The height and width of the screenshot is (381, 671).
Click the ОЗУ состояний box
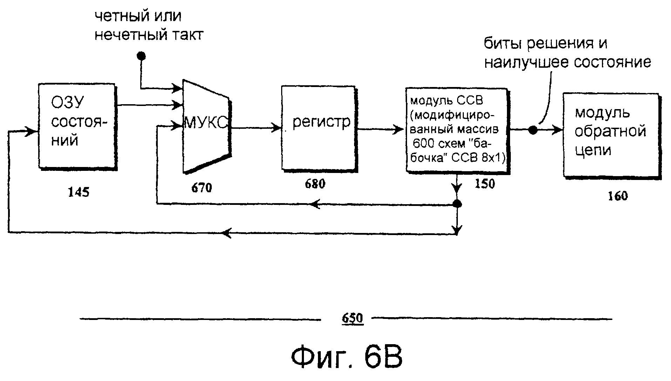tap(77, 126)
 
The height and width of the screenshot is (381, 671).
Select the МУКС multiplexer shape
tap(206, 126)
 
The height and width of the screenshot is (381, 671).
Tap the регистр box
tap(318, 128)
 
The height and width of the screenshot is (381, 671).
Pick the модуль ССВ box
tap(456, 130)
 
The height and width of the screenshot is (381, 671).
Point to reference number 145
tap(79, 192)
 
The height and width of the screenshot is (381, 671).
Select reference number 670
tap(202, 188)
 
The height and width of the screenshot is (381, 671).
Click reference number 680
tap(315, 183)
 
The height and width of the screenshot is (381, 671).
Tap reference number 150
tap(484, 183)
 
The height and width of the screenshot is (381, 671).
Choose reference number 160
tap(618, 196)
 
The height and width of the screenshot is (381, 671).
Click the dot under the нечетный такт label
tap(141, 56)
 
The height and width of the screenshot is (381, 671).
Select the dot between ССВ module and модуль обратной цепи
tap(533, 130)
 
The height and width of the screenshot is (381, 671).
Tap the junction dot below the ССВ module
tap(457, 204)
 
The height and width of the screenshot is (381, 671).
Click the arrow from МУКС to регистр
tap(256, 128)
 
